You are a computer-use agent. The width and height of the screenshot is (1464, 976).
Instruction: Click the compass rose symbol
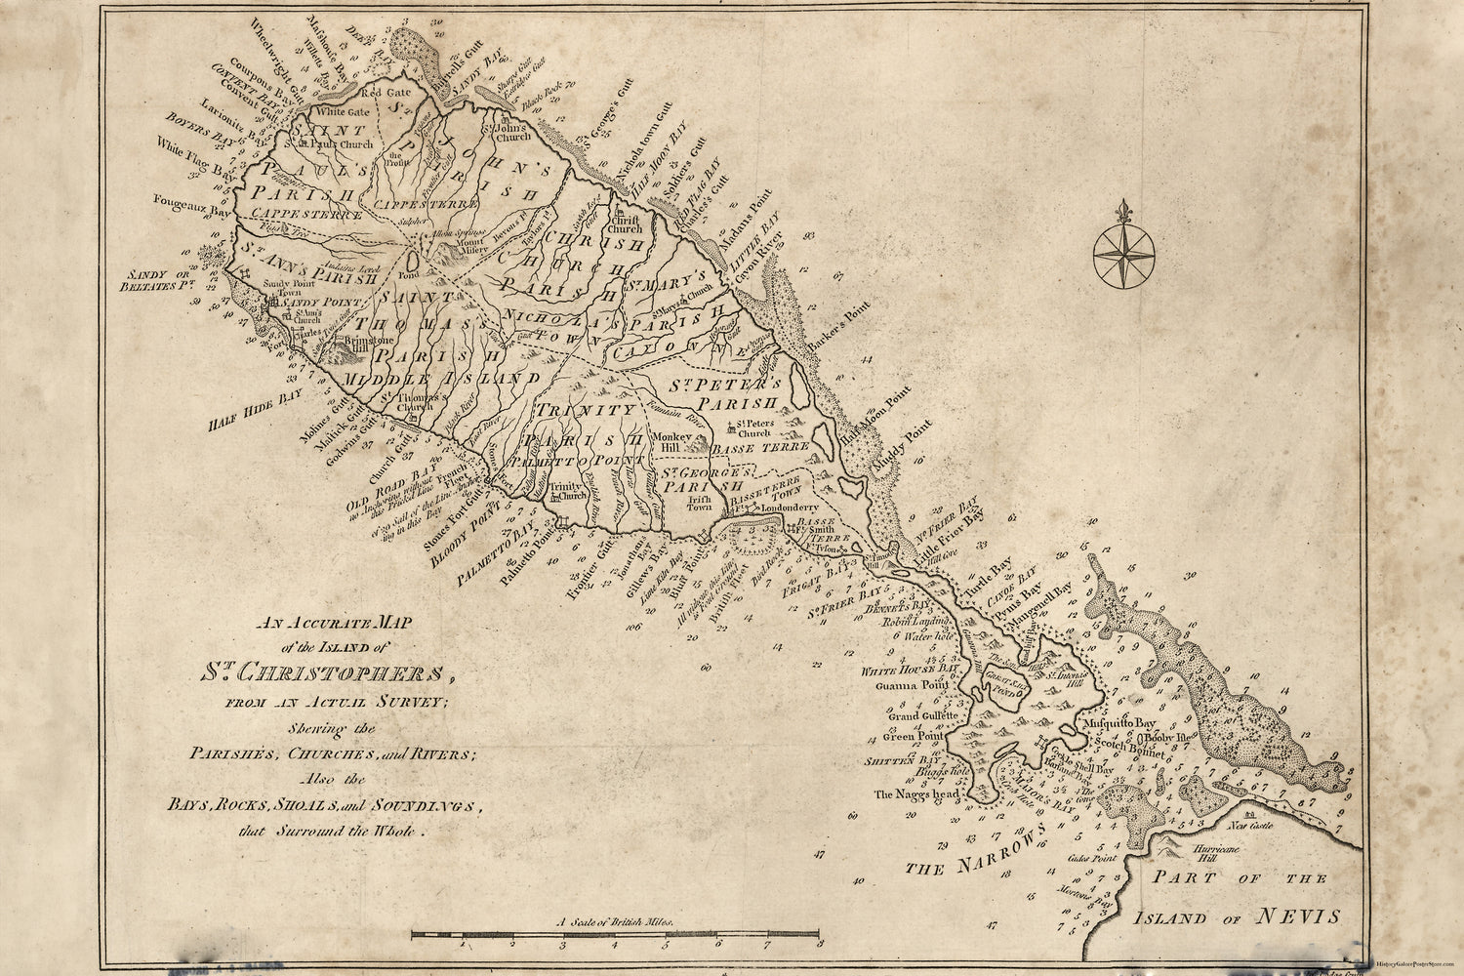pyautogui.click(x=1123, y=252)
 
